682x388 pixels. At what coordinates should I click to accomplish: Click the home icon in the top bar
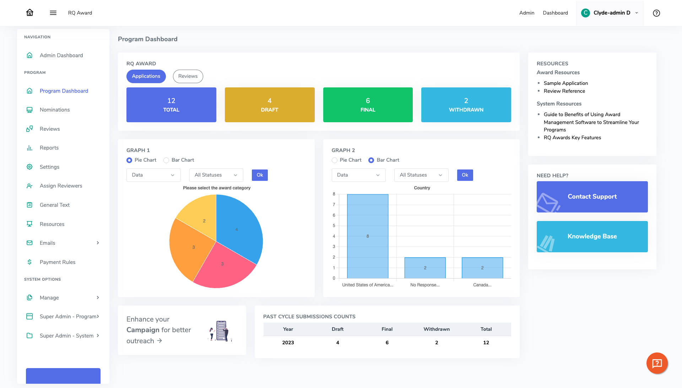coord(30,13)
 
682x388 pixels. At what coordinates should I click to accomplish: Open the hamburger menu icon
coord(53,13)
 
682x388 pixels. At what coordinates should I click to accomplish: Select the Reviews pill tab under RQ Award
coord(188,76)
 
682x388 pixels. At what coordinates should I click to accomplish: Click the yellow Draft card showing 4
coord(270,105)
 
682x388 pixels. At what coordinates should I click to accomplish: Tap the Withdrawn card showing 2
coord(466,105)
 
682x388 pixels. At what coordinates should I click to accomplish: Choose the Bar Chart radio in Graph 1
coord(166,160)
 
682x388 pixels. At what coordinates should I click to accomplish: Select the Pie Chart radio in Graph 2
coord(335,160)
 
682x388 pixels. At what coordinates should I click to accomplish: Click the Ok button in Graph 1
coord(260,175)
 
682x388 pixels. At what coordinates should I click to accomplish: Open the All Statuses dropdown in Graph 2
coord(421,175)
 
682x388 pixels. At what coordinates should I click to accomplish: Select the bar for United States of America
coord(368,236)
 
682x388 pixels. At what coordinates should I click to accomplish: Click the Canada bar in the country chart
coord(482,268)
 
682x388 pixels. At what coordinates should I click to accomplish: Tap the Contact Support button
coord(592,197)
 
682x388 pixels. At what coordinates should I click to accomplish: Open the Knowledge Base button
coord(592,237)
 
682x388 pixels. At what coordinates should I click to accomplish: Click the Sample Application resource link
coord(565,83)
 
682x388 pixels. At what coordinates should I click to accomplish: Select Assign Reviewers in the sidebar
coord(61,186)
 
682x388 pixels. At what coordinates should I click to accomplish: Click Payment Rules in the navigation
coord(58,262)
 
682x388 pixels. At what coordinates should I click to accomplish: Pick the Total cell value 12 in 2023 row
coord(486,343)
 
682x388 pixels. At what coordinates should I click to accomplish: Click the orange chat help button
coord(657,363)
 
